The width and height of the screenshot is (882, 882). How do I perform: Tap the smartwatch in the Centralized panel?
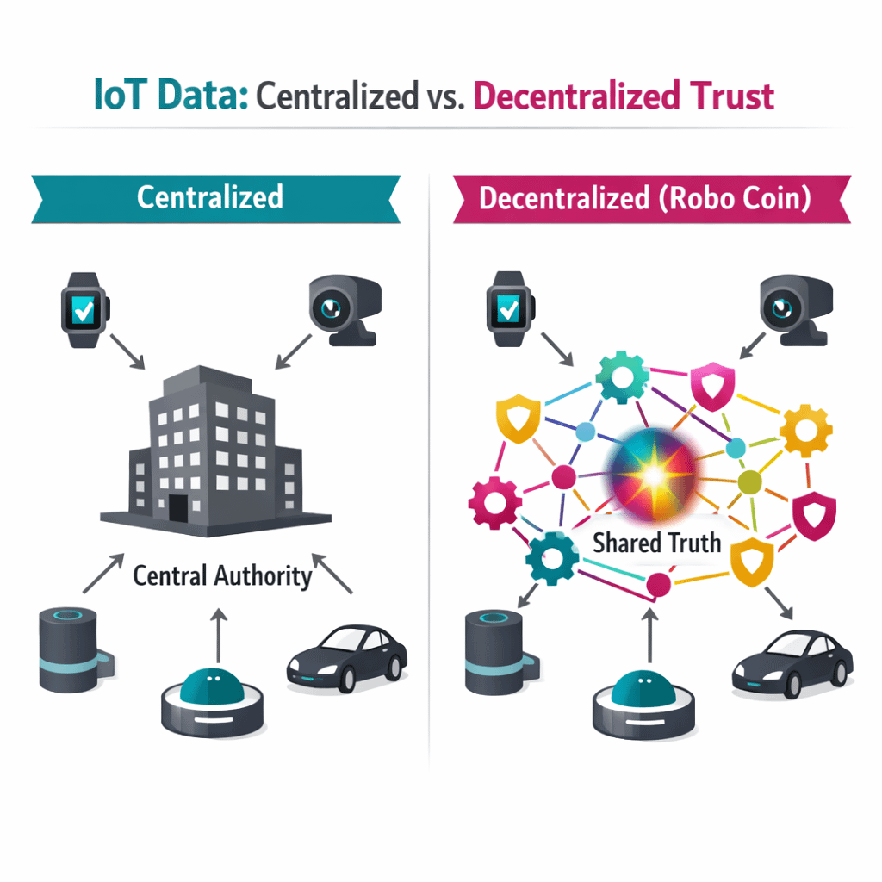[x=84, y=309]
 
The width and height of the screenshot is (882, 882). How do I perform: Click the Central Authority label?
[x=221, y=575]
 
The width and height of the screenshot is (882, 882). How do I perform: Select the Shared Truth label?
[x=656, y=543]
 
